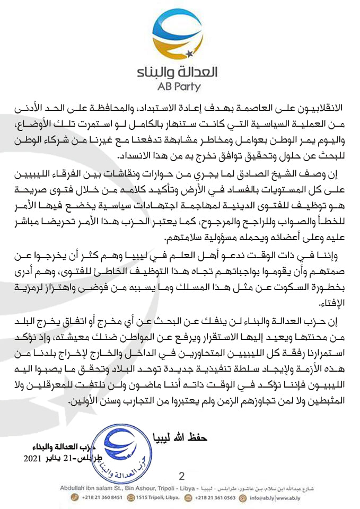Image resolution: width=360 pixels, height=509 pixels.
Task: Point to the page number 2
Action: pos(182,476)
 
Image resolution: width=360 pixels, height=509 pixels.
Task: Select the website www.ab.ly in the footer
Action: pos(281,497)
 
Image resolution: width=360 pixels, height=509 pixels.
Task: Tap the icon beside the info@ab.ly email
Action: pos(243,497)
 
